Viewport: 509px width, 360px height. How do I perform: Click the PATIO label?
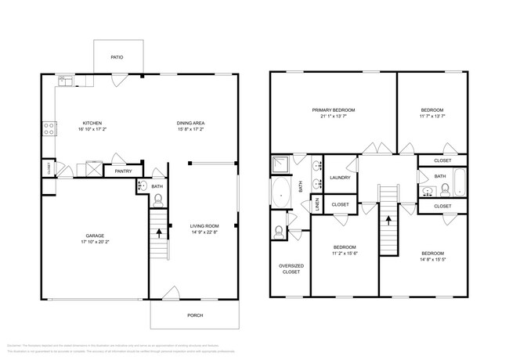(117, 57)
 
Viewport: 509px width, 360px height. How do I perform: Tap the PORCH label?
(195, 315)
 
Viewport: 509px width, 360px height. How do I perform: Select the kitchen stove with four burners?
(50, 127)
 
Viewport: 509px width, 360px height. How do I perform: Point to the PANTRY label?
(123, 171)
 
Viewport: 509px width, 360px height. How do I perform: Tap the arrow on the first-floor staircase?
(160, 231)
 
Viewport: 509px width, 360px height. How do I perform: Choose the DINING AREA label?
(190, 123)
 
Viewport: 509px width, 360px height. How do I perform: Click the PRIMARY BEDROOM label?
(334, 110)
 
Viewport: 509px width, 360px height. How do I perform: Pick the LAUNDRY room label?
(339, 178)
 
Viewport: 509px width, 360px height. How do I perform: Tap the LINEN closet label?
(317, 205)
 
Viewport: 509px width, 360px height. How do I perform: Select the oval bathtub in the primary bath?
(280, 191)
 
